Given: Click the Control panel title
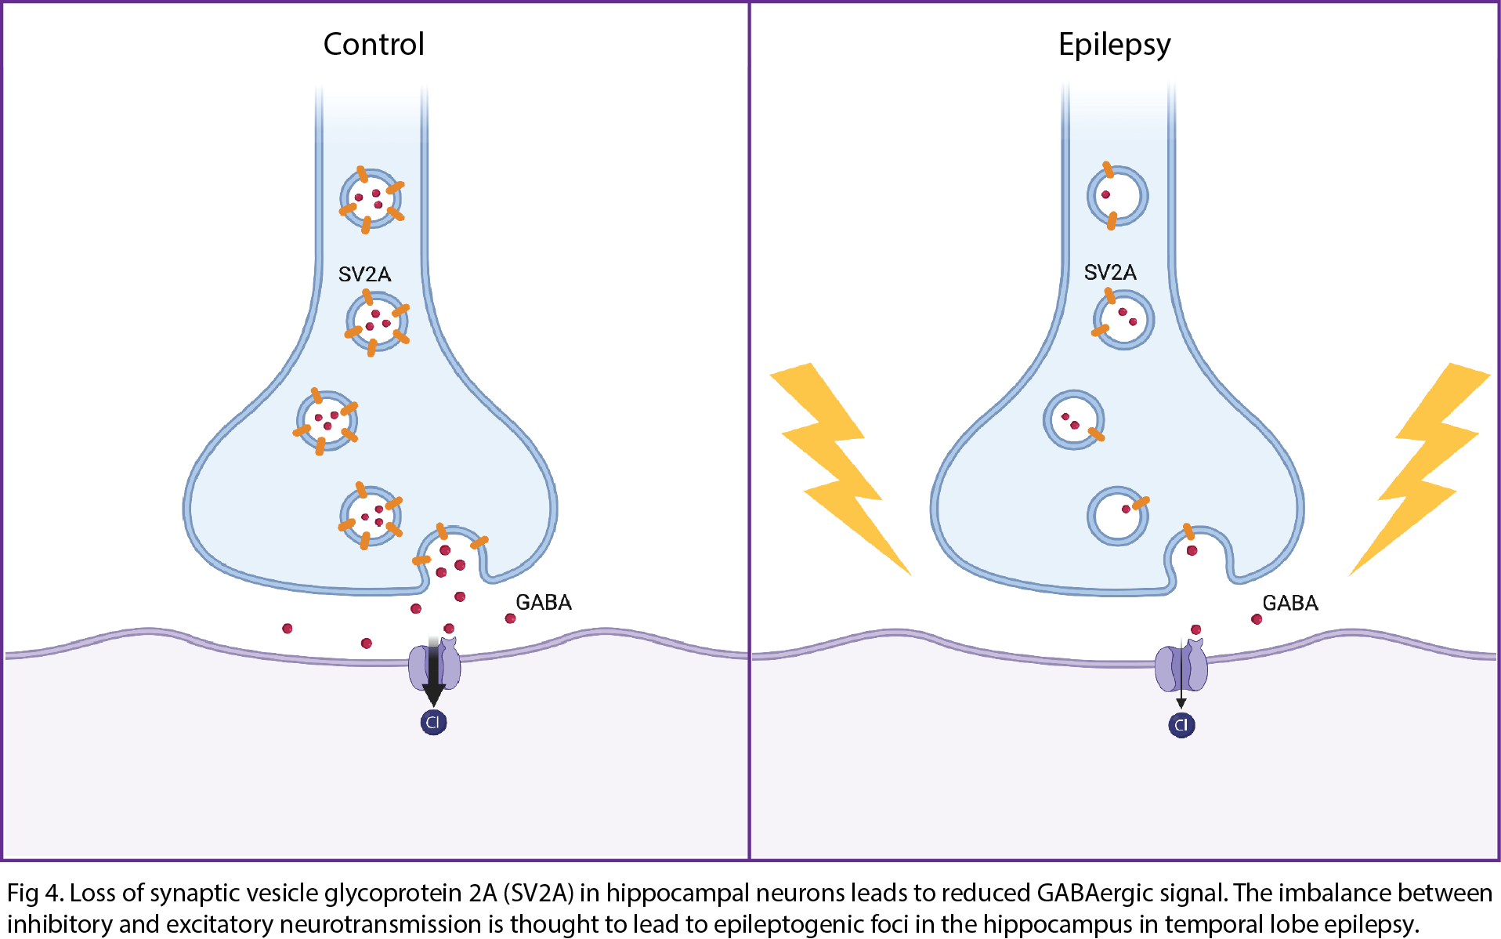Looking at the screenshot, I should pos(374,45).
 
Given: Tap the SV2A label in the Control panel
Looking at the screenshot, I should pos(364,274).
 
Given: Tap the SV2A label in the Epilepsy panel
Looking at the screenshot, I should pos(1110,273).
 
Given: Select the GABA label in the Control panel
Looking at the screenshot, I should pos(544,602).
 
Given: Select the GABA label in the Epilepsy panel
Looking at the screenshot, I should pos(1290,603).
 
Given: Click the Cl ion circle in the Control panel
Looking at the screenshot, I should pos(433,722).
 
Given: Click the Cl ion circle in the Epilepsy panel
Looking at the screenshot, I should pos(1181,725).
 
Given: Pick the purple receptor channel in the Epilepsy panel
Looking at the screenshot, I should pos(1181,665).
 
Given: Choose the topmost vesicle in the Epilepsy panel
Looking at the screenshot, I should pos(1117,196).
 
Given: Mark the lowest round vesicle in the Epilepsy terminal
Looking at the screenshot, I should pos(1117,515).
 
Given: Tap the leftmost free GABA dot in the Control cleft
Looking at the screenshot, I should pos(288,629).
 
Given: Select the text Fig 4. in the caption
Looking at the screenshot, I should pos(34,894).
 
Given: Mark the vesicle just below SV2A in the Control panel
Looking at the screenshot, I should pos(376,322).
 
